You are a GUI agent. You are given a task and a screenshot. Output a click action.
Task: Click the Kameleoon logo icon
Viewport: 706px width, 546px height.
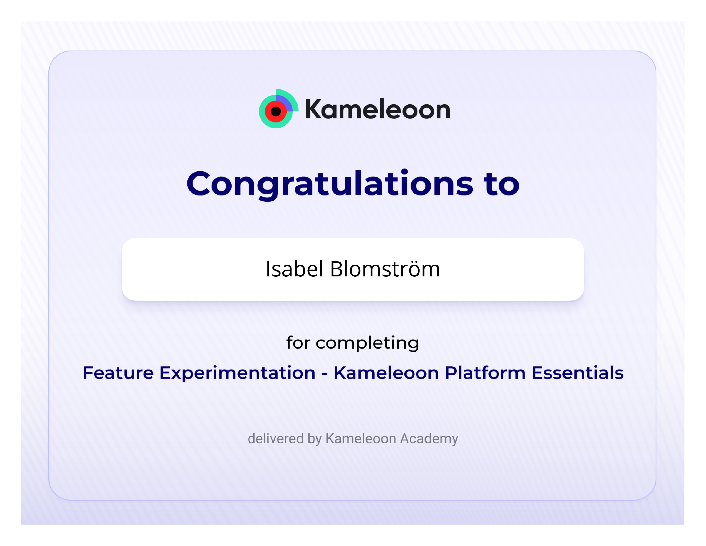(278, 109)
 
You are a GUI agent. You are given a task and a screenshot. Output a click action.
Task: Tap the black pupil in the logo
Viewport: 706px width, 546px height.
(276, 112)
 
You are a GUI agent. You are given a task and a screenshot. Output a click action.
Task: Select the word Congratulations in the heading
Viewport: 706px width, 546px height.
(330, 184)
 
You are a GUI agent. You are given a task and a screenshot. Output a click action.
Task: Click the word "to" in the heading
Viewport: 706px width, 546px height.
(501, 184)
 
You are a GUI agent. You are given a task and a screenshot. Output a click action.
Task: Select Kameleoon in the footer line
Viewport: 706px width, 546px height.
(361, 438)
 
